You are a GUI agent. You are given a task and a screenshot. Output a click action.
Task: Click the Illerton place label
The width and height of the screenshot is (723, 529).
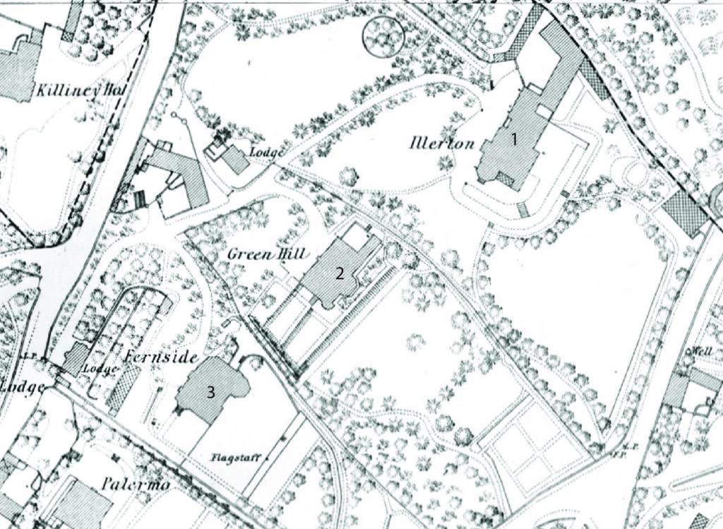441,143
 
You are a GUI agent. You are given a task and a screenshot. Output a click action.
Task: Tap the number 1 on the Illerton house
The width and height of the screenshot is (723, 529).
515,140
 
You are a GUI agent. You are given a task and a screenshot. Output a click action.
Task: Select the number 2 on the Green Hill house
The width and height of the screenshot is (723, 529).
340,274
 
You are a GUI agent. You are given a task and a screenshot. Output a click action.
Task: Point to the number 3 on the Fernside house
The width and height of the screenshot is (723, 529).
210,393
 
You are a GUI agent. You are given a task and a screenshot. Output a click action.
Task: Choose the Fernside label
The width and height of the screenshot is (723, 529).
160,357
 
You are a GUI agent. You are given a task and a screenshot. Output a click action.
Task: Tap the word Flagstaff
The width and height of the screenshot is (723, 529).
230,456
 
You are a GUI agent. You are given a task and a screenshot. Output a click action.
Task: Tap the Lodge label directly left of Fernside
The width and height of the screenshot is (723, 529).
99,369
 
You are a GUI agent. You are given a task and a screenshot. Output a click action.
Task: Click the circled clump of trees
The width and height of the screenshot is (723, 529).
382,35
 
